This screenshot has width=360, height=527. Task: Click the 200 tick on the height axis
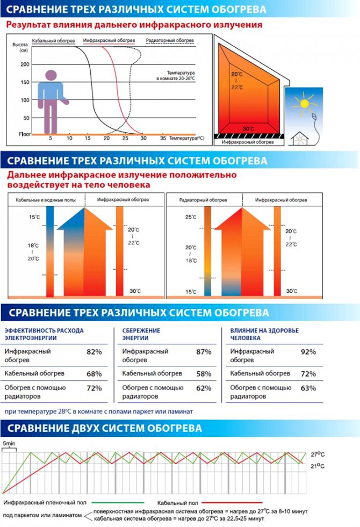coord(24,64)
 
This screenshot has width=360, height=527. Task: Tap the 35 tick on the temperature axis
coord(163,139)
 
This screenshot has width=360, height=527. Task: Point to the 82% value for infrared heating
coord(94,352)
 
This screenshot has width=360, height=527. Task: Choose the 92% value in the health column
coord(308,352)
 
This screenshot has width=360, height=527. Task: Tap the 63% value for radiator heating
coord(308,388)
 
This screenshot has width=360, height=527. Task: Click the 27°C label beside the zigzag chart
coord(318,454)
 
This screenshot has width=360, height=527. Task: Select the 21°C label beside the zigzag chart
coord(318,466)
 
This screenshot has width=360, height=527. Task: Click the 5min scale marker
coord(9,444)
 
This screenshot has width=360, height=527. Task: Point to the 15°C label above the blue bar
coord(34,217)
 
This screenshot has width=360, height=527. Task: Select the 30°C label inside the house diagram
coord(248,129)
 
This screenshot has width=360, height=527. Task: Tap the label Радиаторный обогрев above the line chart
coord(162,41)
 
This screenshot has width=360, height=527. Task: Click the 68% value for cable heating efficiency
coord(94,373)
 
